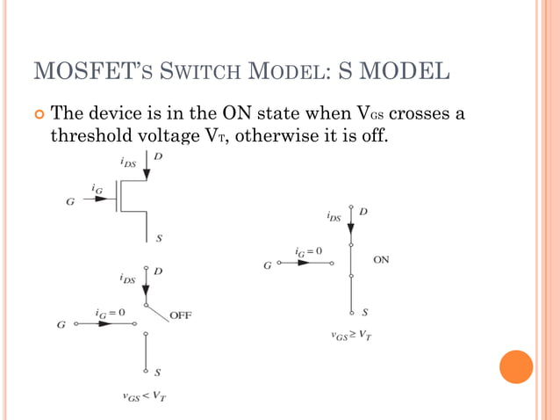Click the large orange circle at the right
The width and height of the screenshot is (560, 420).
pos(516,366)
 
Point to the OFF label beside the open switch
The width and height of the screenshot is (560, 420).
pos(181,314)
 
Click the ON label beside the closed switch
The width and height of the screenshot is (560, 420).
pos(382,260)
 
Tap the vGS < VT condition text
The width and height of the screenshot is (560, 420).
pos(145,395)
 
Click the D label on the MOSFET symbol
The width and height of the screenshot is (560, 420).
pos(158,156)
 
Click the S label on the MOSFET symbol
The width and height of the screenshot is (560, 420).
pos(158,238)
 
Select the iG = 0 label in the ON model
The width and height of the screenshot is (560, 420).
pos(308,251)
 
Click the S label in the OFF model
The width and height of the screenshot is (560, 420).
pos(158,372)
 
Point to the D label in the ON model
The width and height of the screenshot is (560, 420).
pos(363,212)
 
